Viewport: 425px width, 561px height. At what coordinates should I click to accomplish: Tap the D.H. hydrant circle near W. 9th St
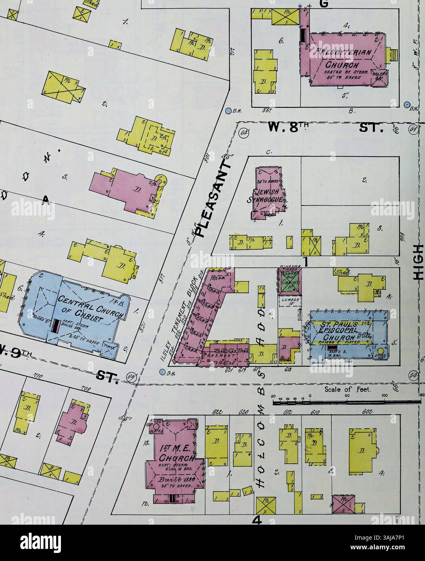point(163,372)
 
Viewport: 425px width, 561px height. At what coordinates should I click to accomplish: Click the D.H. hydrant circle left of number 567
point(229,110)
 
